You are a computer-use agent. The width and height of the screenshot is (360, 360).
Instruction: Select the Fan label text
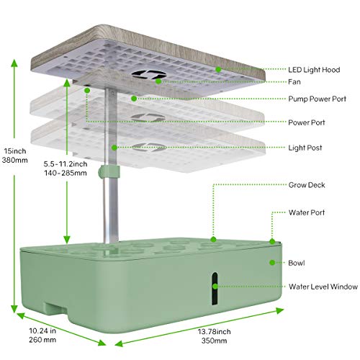point(295,82)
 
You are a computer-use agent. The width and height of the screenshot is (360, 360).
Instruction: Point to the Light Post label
point(305,148)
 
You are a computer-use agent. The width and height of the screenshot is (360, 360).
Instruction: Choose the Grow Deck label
point(307,185)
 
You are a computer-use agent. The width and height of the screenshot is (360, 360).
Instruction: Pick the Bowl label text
point(297,264)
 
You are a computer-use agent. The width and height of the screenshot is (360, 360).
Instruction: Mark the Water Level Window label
point(323,287)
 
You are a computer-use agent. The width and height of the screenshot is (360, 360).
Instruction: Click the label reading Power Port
point(306,122)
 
